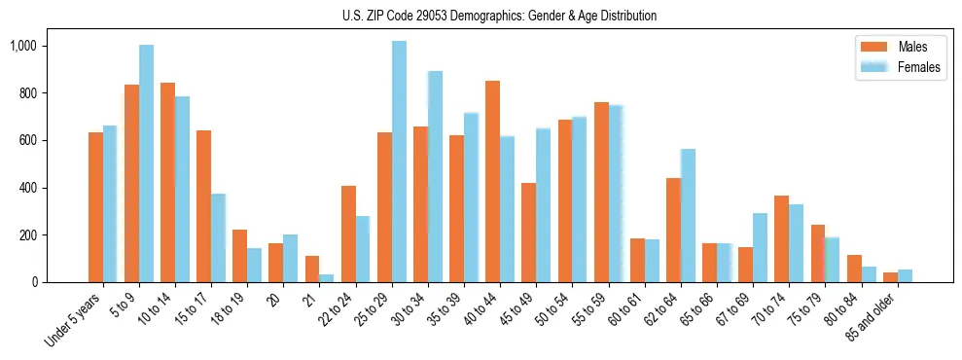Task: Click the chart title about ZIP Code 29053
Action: [x=499, y=16]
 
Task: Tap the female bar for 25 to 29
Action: [x=399, y=162]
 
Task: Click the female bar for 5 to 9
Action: [x=146, y=163]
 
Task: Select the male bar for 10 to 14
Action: [x=167, y=183]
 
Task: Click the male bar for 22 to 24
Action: [x=348, y=234]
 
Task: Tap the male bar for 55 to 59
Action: [x=601, y=192]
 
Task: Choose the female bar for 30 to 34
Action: [x=435, y=176]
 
